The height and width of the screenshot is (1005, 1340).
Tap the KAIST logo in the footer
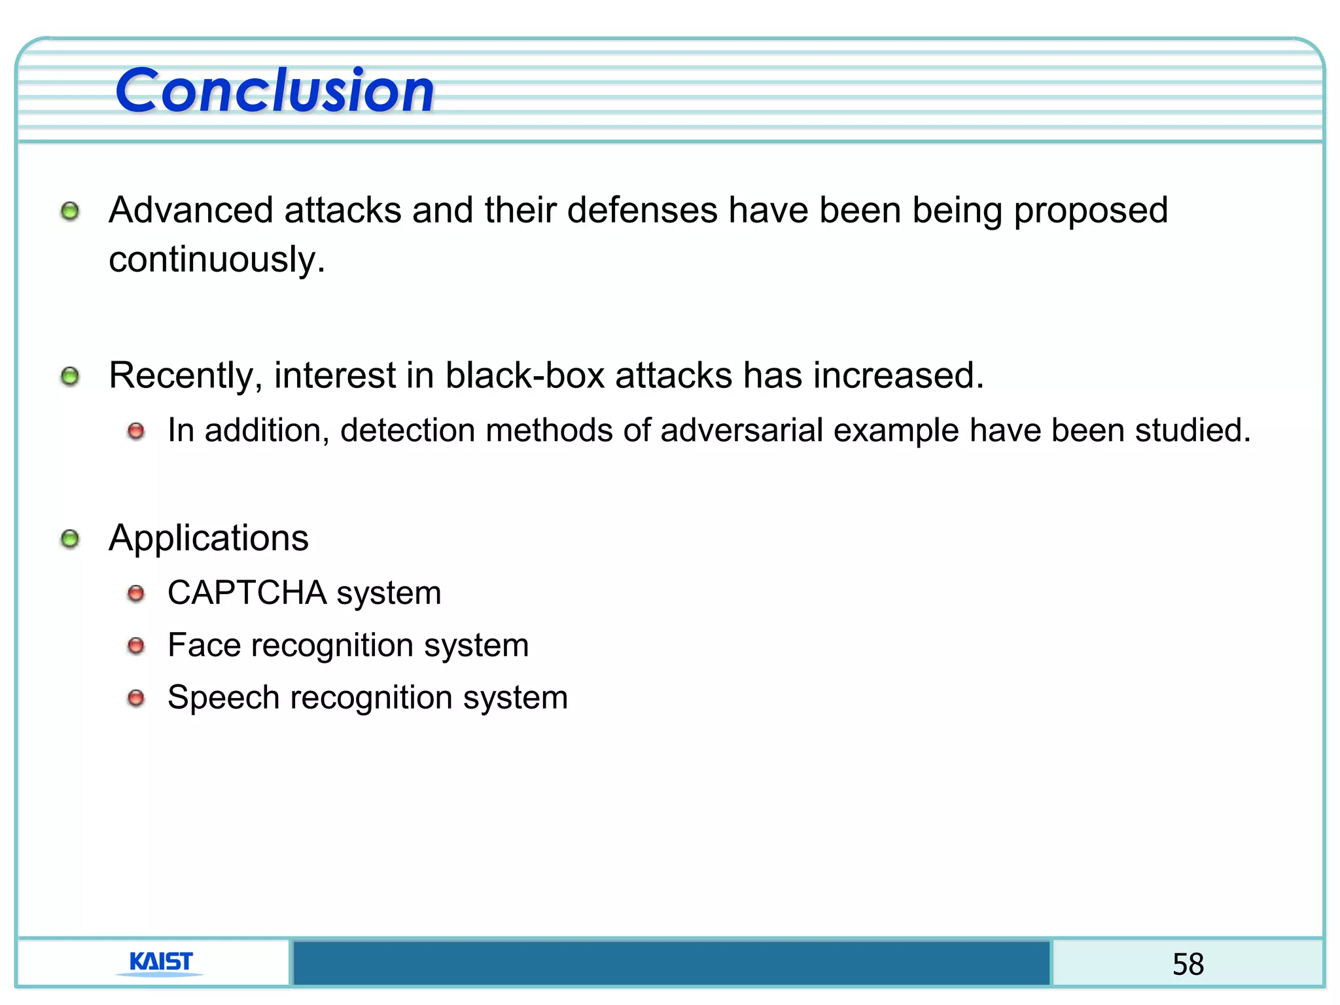tap(161, 962)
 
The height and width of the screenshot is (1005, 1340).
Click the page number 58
tap(1188, 964)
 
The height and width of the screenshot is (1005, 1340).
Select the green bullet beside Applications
tap(70, 539)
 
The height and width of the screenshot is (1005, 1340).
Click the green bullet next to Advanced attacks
tap(70, 211)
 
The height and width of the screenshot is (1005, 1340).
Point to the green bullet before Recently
tap(70, 376)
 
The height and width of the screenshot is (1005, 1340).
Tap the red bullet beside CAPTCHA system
tap(136, 593)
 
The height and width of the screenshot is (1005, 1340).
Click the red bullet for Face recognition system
tap(136, 646)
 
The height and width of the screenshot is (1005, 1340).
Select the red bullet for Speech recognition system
tap(136, 698)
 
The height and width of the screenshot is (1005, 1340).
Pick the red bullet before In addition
tap(136, 431)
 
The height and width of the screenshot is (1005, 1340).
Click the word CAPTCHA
tap(247, 593)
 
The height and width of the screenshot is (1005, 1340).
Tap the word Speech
tap(223, 697)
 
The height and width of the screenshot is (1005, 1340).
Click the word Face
tap(204, 645)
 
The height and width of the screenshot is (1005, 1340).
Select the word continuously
tap(217, 260)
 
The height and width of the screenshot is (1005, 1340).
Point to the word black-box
tap(525, 376)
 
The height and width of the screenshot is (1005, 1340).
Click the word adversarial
tap(741, 431)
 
